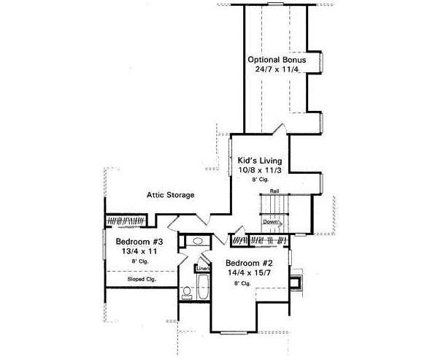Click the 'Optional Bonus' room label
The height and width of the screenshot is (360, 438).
[x=276, y=59]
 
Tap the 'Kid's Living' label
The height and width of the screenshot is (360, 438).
[x=260, y=160]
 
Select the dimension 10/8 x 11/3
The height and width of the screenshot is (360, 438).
[x=260, y=169]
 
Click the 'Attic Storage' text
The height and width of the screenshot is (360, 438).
[x=170, y=195]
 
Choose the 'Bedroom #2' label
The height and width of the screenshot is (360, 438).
[x=248, y=263]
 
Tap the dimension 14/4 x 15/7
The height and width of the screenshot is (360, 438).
[x=248, y=273]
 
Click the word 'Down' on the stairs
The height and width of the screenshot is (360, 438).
[x=272, y=221]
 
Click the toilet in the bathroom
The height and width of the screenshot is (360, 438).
[x=187, y=292]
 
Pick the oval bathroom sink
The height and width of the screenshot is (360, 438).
[x=195, y=242]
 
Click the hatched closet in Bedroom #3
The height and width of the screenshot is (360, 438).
[x=127, y=220]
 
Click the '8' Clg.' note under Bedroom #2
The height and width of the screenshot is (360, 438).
[x=242, y=283]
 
